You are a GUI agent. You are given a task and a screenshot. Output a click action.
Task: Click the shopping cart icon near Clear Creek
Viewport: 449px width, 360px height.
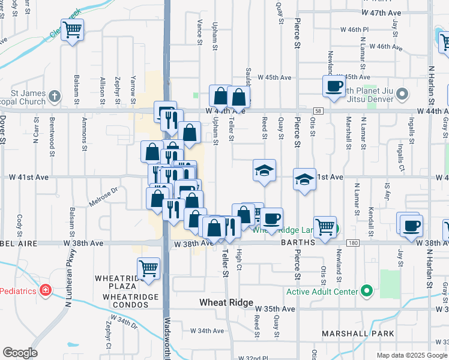(72, 29)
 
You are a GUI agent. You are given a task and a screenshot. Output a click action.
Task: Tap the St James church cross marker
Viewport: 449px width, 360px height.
(55, 96)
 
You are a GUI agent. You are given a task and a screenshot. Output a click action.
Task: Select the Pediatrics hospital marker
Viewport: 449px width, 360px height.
(44, 290)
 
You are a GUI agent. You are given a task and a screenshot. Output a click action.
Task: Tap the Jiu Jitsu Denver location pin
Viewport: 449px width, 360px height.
(402, 94)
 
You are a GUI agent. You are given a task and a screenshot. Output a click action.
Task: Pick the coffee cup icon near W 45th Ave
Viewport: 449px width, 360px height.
(333, 86)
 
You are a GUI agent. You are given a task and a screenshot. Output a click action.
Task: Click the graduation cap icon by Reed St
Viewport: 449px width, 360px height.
(264, 170)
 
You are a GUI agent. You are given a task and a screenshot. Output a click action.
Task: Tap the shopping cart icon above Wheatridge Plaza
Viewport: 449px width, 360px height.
(148, 268)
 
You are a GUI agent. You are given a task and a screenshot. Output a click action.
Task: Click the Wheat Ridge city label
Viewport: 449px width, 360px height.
(226, 303)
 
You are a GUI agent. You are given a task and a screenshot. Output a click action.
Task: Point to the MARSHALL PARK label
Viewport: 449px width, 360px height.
(358, 334)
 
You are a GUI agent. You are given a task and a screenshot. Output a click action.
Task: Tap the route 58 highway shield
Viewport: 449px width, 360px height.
(318, 111)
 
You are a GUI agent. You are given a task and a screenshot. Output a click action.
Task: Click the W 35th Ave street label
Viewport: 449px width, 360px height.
(280, 309)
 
